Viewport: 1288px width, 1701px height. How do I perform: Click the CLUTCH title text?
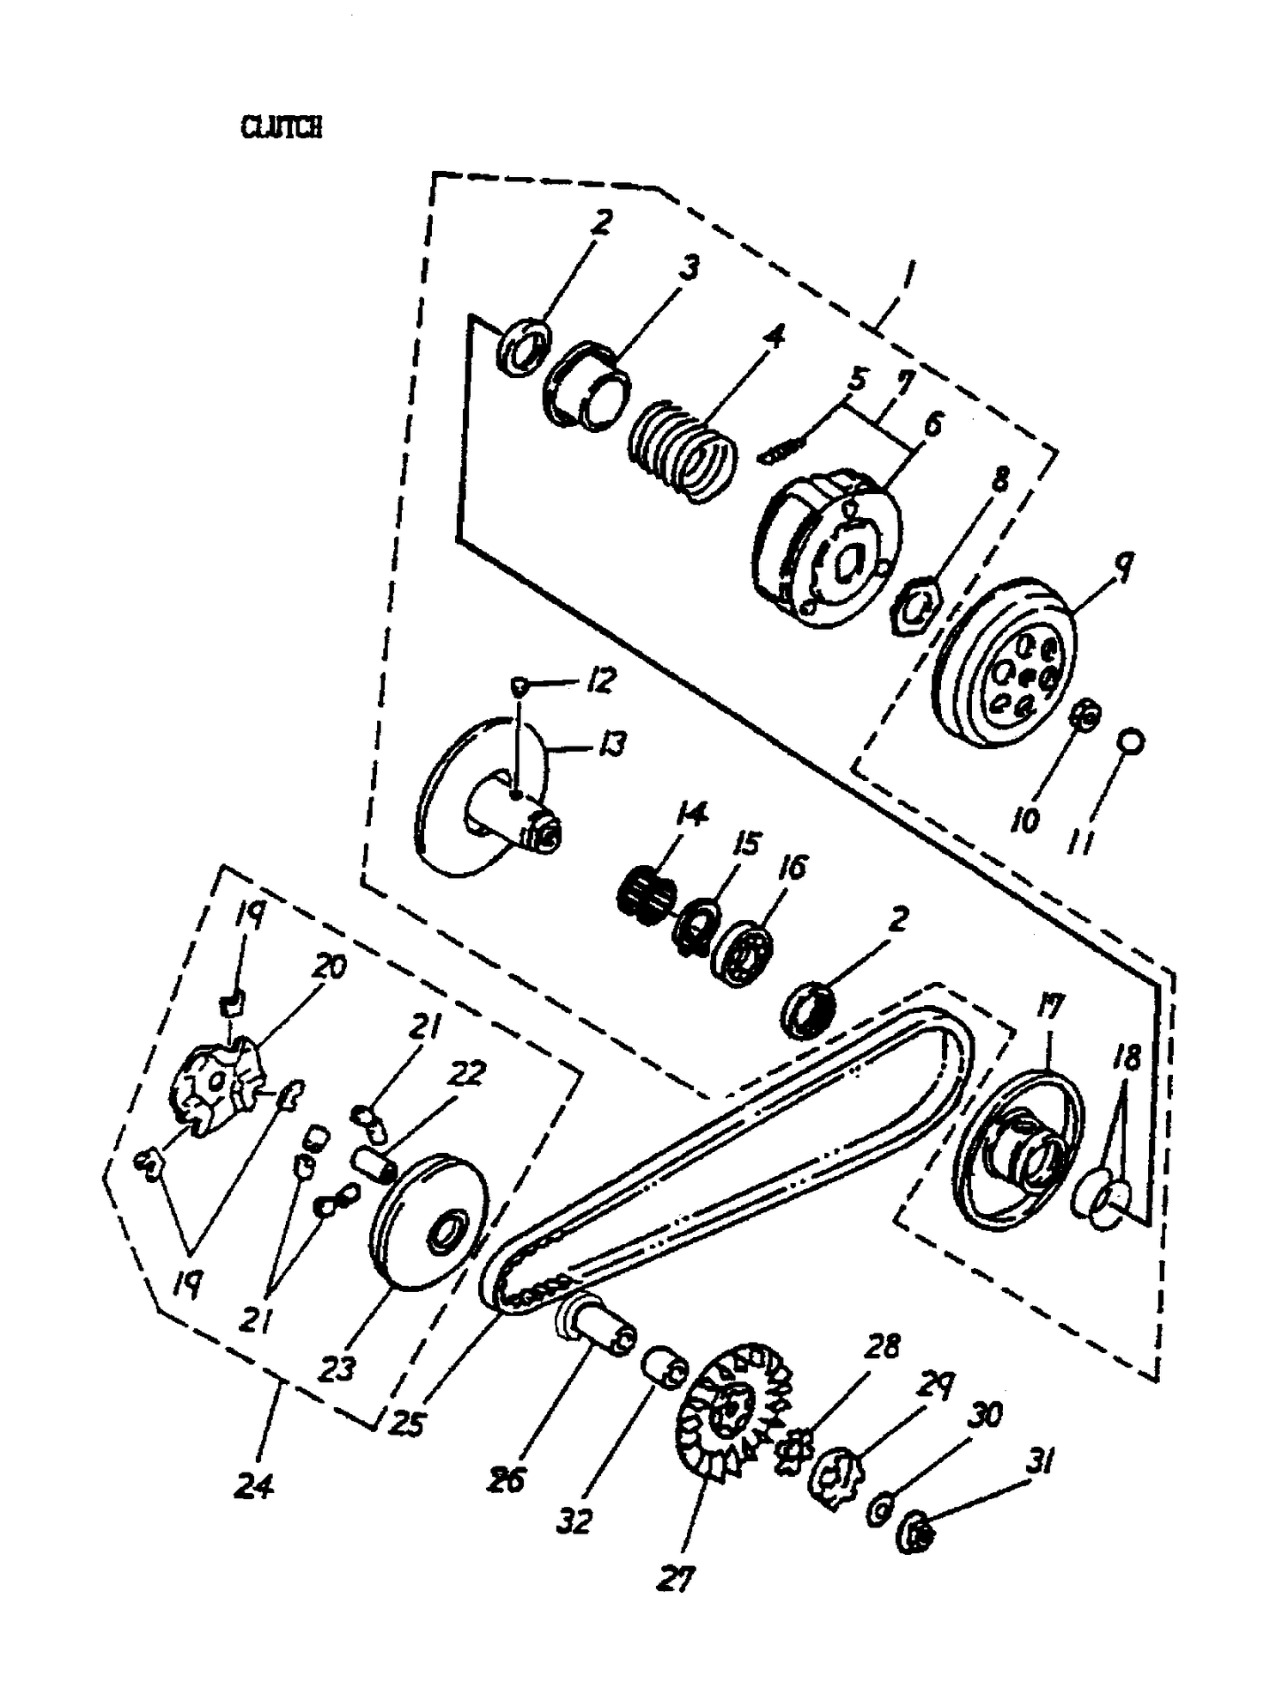tap(282, 128)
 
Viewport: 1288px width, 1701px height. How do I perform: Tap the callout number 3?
tap(688, 267)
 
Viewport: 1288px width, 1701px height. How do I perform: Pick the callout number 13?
tap(612, 744)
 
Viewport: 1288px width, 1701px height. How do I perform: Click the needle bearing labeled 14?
tap(646, 893)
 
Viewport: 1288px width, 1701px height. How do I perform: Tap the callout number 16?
tap(795, 867)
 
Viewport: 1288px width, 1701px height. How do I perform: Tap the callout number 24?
tap(254, 1485)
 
